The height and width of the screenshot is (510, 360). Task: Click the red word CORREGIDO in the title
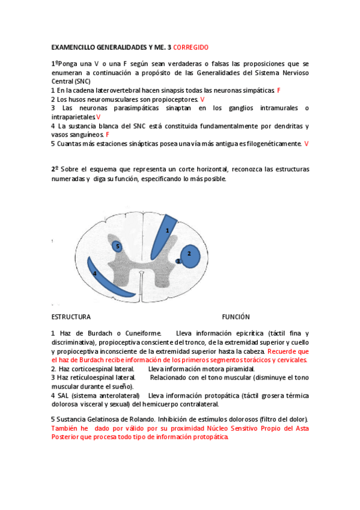point(190,46)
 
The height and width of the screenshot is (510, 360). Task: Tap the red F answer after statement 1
point(279,90)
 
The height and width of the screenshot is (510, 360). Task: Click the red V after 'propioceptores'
point(202,99)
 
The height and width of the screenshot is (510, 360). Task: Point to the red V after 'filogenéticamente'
point(307,144)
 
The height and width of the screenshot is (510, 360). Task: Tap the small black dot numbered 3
point(178,261)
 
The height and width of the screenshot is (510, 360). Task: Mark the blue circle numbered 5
point(117,246)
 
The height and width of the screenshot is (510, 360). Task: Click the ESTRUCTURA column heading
point(71,317)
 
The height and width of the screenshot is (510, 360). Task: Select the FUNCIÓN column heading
point(236,317)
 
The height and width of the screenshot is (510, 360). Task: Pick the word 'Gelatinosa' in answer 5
point(99,419)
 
